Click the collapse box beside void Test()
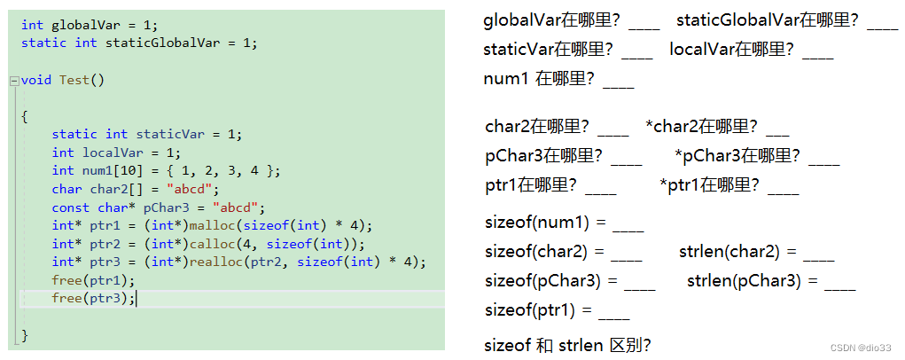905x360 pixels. pos(13,81)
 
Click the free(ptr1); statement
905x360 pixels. pos(93,280)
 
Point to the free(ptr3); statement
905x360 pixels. pos(93,298)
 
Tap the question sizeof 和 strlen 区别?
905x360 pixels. pos(568,345)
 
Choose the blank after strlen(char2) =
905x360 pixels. pos(818,255)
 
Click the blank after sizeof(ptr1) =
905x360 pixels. pos(614,314)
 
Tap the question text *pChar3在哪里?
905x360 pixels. pos(737,157)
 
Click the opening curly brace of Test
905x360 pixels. pos(25,116)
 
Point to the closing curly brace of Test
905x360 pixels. pos(25,335)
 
